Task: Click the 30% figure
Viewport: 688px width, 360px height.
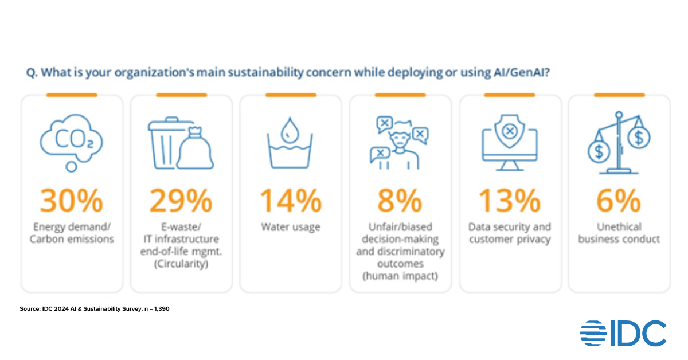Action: (72, 201)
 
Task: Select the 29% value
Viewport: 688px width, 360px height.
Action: (181, 201)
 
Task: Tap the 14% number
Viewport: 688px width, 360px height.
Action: (291, 201)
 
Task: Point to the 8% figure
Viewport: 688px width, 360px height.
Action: (400, 201)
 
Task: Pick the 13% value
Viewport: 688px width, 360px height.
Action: (510, 201)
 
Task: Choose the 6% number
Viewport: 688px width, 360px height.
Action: (619, 201)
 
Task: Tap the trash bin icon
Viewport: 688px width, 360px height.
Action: (181, 143)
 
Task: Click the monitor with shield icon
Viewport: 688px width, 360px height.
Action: (510, 143)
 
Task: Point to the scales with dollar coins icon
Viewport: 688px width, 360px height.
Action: (619, 143)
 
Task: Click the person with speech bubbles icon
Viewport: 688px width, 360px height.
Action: (400, 143)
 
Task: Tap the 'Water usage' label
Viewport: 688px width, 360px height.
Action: (291, 228)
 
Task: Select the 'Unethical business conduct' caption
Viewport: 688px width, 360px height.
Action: (619, 233)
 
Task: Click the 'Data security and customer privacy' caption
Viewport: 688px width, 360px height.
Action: (510, 233)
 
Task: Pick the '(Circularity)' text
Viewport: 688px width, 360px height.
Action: (181, 264)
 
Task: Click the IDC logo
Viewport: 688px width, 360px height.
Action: (623, 333)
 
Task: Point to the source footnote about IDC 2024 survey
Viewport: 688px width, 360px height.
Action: (95, 309)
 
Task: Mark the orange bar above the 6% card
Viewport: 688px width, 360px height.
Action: (619, 95)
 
